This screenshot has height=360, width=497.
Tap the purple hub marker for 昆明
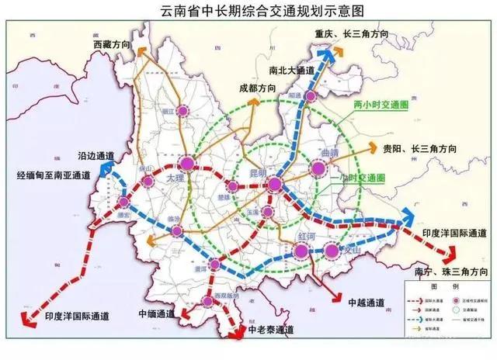pos(274,184)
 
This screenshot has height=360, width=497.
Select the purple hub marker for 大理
pos(186,164)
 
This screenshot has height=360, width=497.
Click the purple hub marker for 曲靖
pos(317,168)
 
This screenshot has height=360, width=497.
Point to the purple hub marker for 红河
pos(301,250)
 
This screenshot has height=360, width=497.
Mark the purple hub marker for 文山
pos(332,250)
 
